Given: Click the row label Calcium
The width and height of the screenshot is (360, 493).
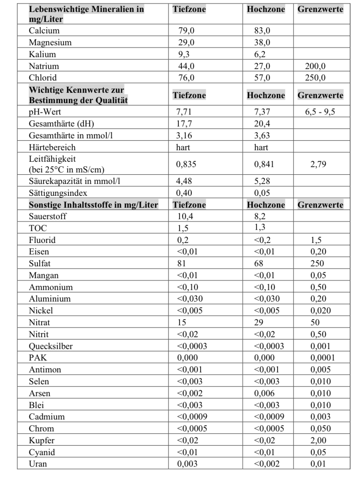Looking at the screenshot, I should point(44,31).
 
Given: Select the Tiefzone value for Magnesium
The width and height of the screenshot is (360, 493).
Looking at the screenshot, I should point(186,43).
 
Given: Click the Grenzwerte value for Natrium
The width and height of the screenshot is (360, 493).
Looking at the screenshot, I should point(315,66).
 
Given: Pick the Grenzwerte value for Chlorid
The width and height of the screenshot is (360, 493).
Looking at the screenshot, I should point(315,78).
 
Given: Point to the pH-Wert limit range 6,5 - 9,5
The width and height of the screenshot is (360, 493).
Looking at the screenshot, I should point(320,112).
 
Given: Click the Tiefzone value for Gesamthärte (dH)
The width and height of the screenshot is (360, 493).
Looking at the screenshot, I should point(184,124).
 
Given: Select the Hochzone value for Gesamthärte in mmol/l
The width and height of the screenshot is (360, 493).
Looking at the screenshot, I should point(262,136).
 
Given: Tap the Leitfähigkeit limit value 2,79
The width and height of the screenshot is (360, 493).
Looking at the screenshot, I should point(318,164).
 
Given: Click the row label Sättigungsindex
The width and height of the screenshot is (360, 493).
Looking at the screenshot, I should point(58,193).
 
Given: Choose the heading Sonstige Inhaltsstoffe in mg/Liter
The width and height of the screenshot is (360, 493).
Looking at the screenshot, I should point(93,205).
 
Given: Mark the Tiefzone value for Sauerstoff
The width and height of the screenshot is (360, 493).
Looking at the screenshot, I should point(185,216).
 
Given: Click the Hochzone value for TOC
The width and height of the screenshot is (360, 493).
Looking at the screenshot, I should point(260,228).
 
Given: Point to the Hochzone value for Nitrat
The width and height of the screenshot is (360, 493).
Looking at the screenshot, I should point(259,323).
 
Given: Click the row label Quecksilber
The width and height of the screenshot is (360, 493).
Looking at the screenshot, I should point(51,346).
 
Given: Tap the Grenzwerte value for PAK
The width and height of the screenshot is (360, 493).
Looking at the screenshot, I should point(322,358).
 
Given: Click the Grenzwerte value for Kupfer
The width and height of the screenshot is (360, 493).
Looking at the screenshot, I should point(318,441).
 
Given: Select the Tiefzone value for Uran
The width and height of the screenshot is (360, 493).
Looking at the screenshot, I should point(187,464).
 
